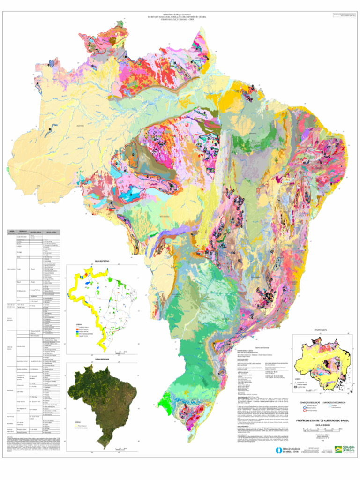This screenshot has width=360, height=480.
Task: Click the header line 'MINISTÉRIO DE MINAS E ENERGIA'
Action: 180,14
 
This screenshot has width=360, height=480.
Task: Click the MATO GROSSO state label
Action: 164,217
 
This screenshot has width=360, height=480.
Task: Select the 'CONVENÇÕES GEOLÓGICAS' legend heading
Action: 309,402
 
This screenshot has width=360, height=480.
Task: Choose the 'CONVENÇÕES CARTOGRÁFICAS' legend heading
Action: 334,402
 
